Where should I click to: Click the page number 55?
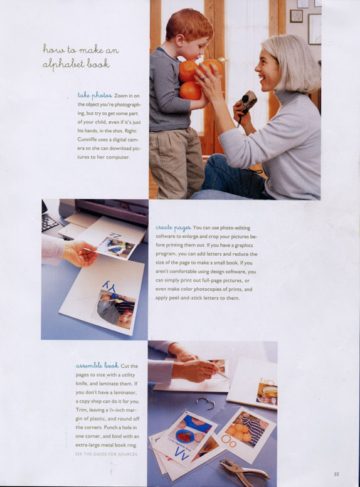click(336, 474)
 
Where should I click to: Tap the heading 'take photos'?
click(95, 95)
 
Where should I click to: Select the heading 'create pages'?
click(173, 228)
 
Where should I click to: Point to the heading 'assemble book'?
click(97, 365)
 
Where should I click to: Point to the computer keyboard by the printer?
click(50, 223)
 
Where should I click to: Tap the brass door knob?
click(222, 60)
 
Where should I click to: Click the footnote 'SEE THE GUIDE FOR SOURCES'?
click(106, 454)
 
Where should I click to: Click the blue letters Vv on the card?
click(181, 453)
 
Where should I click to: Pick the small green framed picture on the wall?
click(296, 16)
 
